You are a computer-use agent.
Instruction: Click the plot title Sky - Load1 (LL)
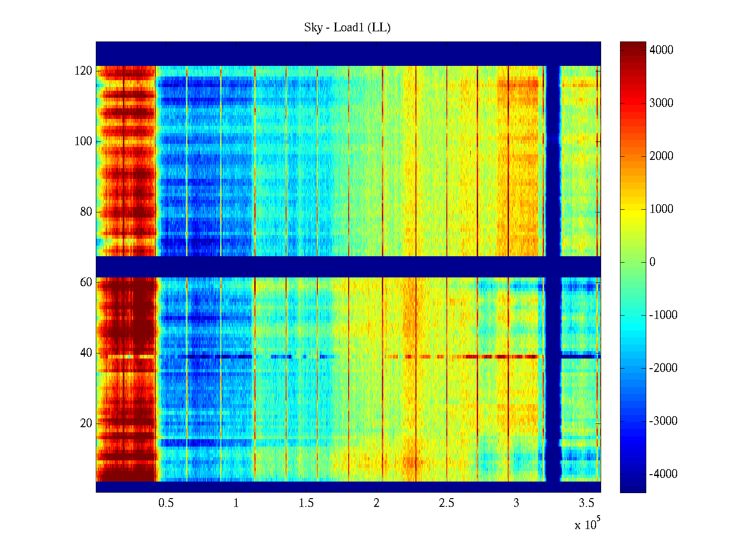pos(347,28)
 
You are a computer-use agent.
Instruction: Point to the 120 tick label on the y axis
pos(83,71)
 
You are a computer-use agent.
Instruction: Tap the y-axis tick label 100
pos(83,141)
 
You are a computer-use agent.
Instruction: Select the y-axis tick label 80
pos(86,212)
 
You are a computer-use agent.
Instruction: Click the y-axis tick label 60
pos(86,282)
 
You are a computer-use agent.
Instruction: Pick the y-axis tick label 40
pos(86,353)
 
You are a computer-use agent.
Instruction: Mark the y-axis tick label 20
pos(86,424)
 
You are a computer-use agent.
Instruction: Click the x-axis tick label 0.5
pos(166,503)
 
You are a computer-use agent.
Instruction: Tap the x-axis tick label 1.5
pos(306,503)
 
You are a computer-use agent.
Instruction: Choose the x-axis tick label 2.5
pos(446,503)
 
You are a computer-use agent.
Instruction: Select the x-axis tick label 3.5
pos(586,503)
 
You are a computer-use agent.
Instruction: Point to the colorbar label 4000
pos(661,50)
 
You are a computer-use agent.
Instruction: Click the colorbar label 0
pos(652,262)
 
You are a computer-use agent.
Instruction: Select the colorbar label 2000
pos(661,156)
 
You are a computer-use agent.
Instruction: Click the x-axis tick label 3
pos(516,503)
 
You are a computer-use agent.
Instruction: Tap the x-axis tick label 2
pos(376,503)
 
